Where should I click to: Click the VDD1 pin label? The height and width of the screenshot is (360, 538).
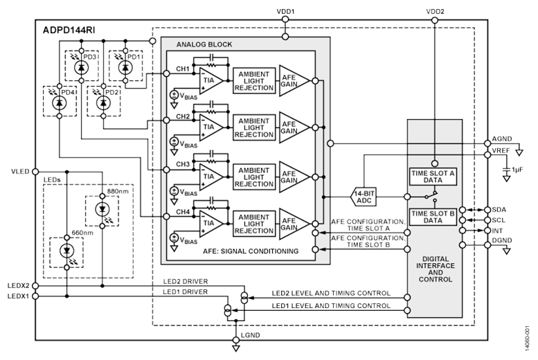coord(285,11)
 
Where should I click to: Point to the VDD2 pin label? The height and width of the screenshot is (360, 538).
coord(433,11)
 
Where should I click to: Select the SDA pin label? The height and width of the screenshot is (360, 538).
coord(500,208)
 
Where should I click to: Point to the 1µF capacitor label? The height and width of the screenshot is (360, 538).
coord(518,168)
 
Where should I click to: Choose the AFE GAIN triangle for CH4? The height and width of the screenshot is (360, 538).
coord(292,222)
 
